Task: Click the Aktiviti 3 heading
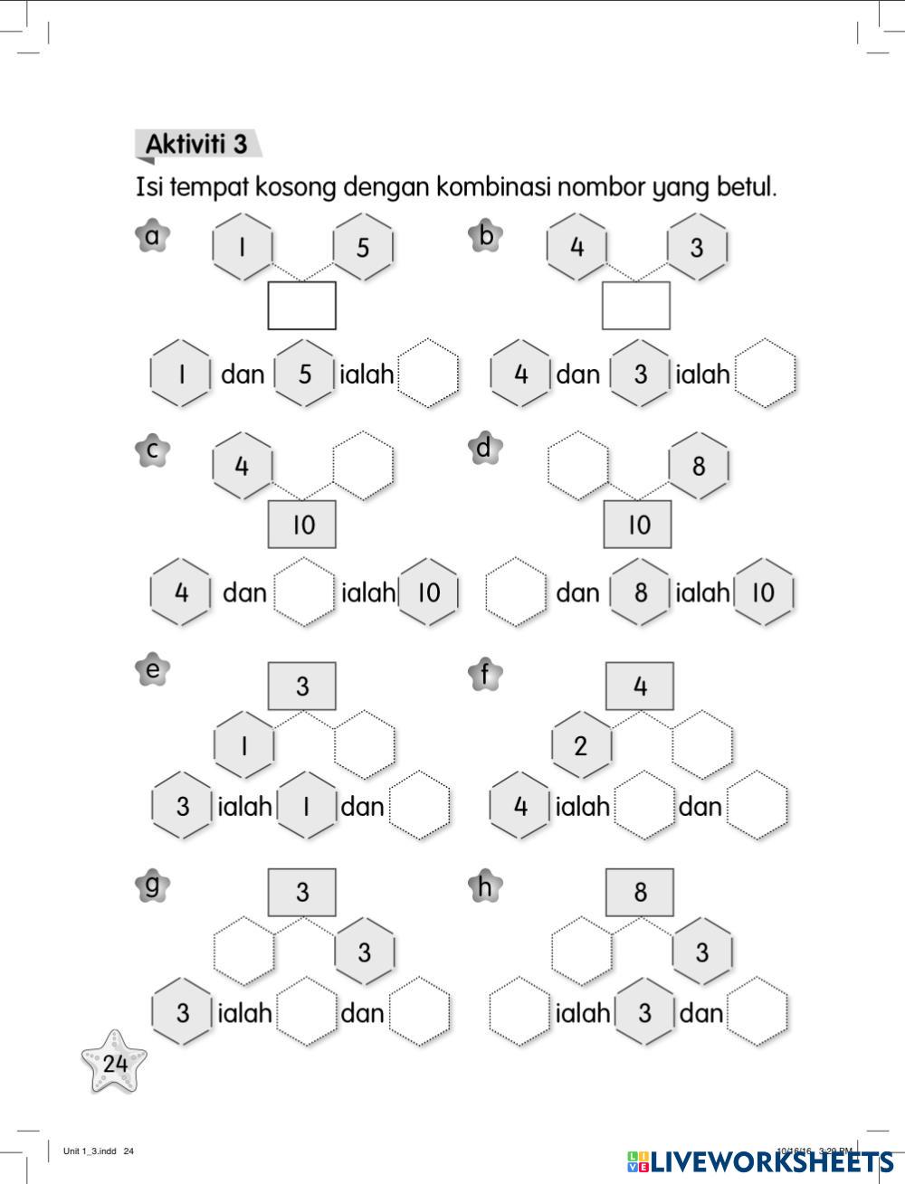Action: pyautogui.click(x=196, y=145)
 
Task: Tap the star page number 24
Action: pyautogui.click(x=114, y=1063)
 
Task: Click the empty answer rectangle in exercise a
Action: pyautogui.click(x=301, y=306)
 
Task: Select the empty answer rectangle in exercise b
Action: pyautogui.click(x=636, y=306)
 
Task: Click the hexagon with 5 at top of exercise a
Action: pyautogui.click(x=363, y=247)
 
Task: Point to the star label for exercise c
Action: pyautogui.click(x=153, y=450)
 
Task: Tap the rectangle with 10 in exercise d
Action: pyautogui.click(x=638, y=525)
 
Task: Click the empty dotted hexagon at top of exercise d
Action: pyautogui.click(x=578, y=467)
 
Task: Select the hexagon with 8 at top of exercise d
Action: pyautogui.click(x=699, y=467)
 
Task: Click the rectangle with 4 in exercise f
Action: pyautogui.click(x=640, y=687)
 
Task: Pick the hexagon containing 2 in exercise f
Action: pyautogui.click(x=581, y=745)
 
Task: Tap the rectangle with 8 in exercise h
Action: pyautogui.click(x=640, y=893)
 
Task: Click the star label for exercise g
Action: pyautogui.click(x=152, y=885)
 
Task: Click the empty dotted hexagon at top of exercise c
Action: pyautogui.click(x=364, y=467)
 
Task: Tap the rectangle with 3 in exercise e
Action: pyautogui.click(x=302, y=687)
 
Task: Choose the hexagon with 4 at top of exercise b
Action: pyautogui.click(x=577, y=247)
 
